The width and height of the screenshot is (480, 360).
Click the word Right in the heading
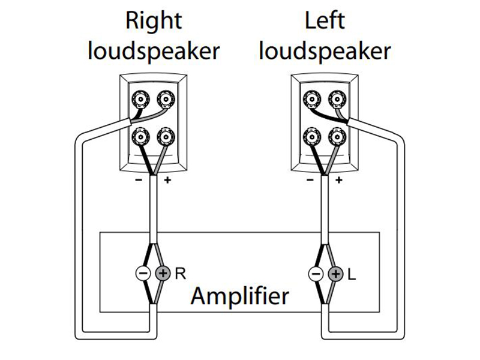[153, 20]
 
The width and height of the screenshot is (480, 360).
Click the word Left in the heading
[323, 20]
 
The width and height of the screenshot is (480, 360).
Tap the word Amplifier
[239, 296]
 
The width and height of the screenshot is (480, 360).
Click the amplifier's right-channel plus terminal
[163, 274]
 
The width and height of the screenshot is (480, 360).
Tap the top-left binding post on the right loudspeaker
[142, 98]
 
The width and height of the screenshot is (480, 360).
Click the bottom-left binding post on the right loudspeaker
[142, 136]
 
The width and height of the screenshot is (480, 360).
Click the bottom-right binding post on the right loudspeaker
[164, 136]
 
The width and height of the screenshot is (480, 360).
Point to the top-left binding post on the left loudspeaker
[311, 98]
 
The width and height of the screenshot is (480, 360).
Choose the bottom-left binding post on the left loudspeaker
[311, 136]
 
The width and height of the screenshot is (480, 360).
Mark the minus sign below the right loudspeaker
[139, 179]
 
